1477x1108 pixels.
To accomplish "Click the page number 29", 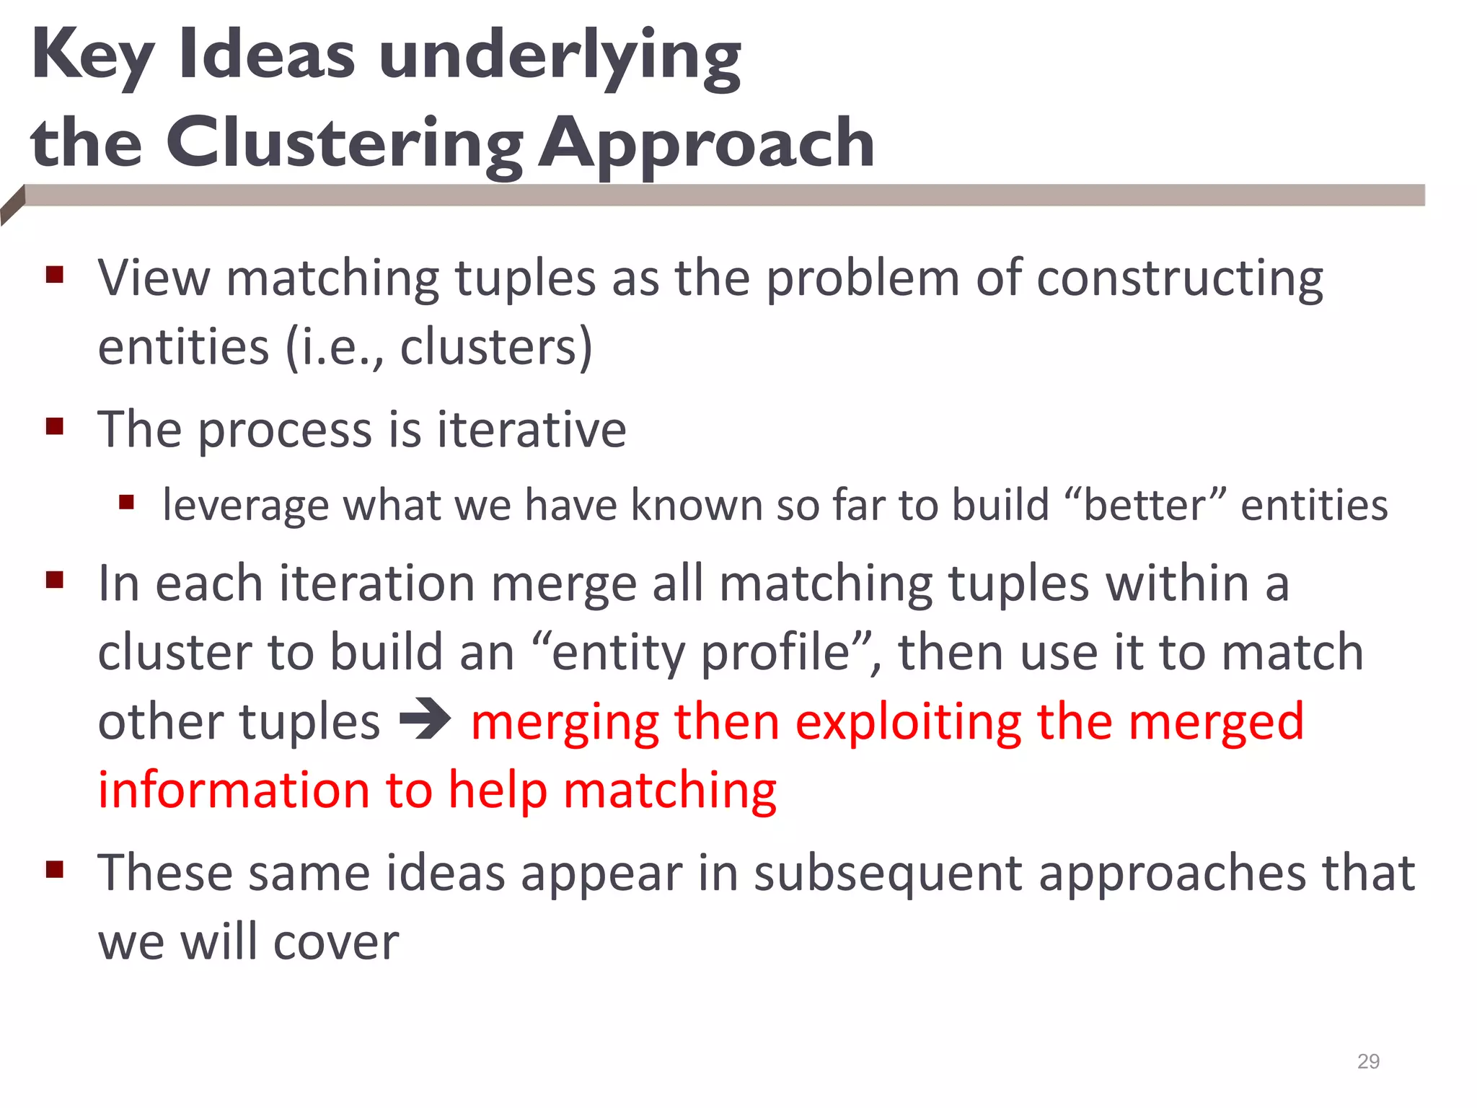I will point(1368,1061).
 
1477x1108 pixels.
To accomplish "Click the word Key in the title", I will point(93,58).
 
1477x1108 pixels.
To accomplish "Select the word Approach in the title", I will point(707,144).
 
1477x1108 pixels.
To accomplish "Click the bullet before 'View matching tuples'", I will point(55,275).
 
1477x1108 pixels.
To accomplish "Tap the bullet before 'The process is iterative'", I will point(55,427).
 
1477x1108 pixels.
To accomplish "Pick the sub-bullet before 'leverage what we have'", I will point(127,502).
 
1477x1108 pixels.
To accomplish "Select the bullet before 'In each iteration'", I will point(55,580).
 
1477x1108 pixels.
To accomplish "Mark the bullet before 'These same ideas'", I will point(55,870).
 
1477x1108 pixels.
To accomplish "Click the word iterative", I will point(532,430).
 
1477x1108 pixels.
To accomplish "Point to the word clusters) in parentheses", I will point(496,348).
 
